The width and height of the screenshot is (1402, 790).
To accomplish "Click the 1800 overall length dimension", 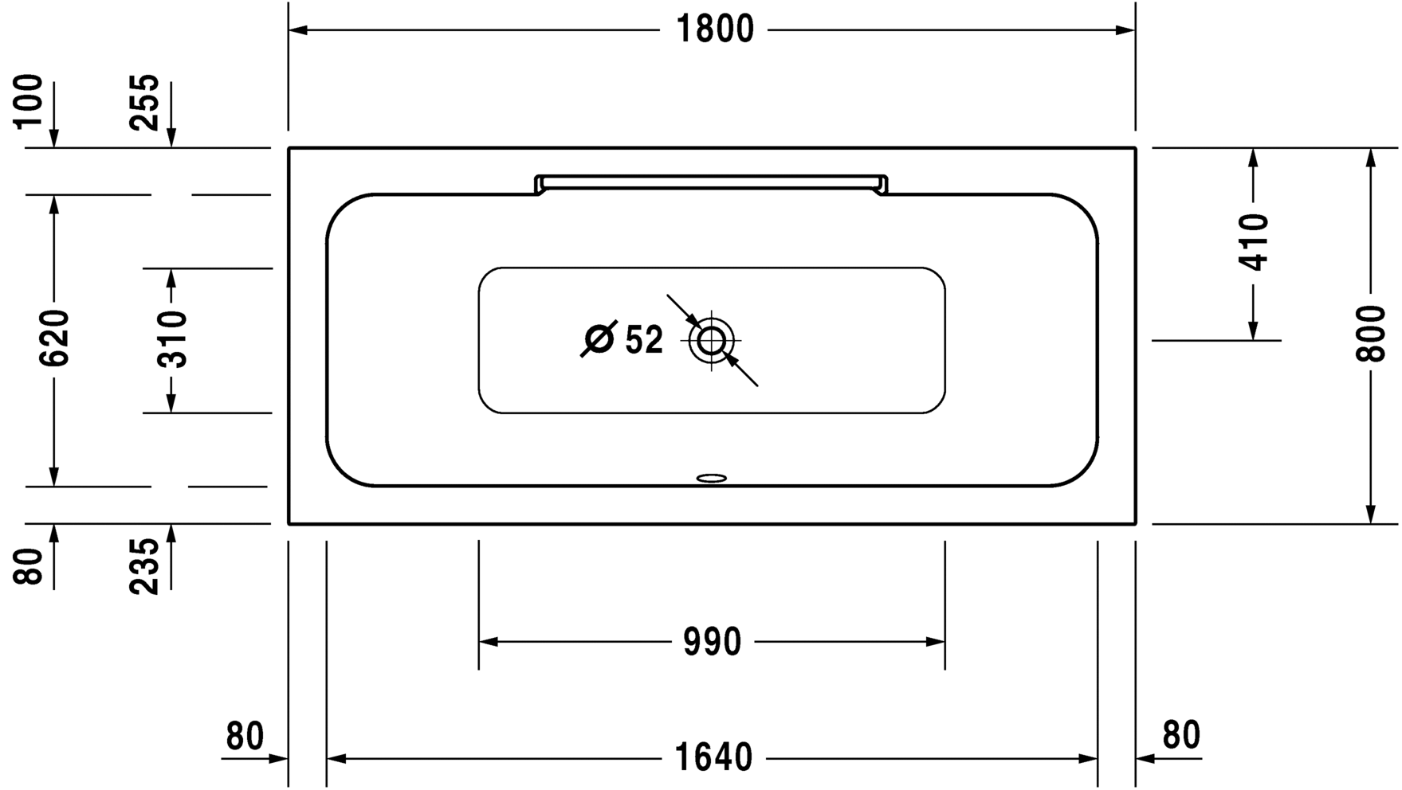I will (x=714, y=30).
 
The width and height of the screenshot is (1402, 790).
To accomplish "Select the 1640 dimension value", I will (x=713, y=757).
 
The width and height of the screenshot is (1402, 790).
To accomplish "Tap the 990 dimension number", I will (x=712, y=642).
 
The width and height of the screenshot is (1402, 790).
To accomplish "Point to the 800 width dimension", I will (x=1371, y=333).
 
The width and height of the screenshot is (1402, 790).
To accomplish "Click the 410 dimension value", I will (x=1254, y=242).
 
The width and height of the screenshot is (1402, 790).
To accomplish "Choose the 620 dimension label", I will (x=55, y=338).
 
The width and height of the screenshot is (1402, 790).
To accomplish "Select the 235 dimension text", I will (x=145, y=566).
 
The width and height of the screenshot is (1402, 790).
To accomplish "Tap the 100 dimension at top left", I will (x=29, y=101).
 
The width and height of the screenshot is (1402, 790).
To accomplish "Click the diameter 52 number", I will (x=644, y=341).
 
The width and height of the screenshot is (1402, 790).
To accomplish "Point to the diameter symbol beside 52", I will (x=599, y=339).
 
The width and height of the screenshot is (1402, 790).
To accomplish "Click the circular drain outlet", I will (x=711, y=341).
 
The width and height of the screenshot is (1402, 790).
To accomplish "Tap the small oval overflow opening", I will (x=711, y=479).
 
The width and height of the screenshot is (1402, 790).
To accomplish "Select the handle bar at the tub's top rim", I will (x=711, y=181).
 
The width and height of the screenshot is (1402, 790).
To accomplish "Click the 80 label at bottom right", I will (x=1180, y=736).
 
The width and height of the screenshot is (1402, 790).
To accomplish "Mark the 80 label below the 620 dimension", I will (x=29, y=566).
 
